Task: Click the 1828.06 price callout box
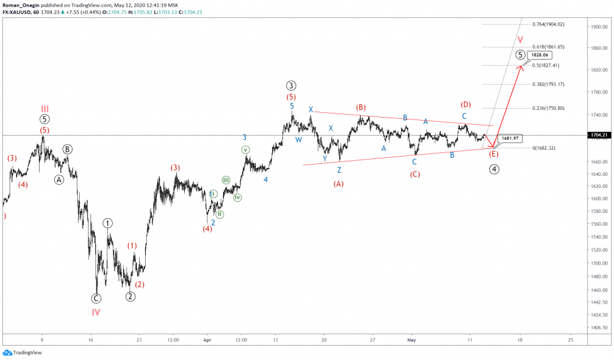537,55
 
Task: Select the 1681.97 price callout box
510,138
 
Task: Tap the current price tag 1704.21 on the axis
601,135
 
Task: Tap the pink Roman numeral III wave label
45,109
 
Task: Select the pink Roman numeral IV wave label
96,312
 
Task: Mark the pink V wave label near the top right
520,40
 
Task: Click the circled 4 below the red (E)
494,169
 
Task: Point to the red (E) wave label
493,154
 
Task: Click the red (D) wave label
465,104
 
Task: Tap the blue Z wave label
339,170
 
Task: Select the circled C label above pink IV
96,298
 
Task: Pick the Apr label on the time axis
207,339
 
